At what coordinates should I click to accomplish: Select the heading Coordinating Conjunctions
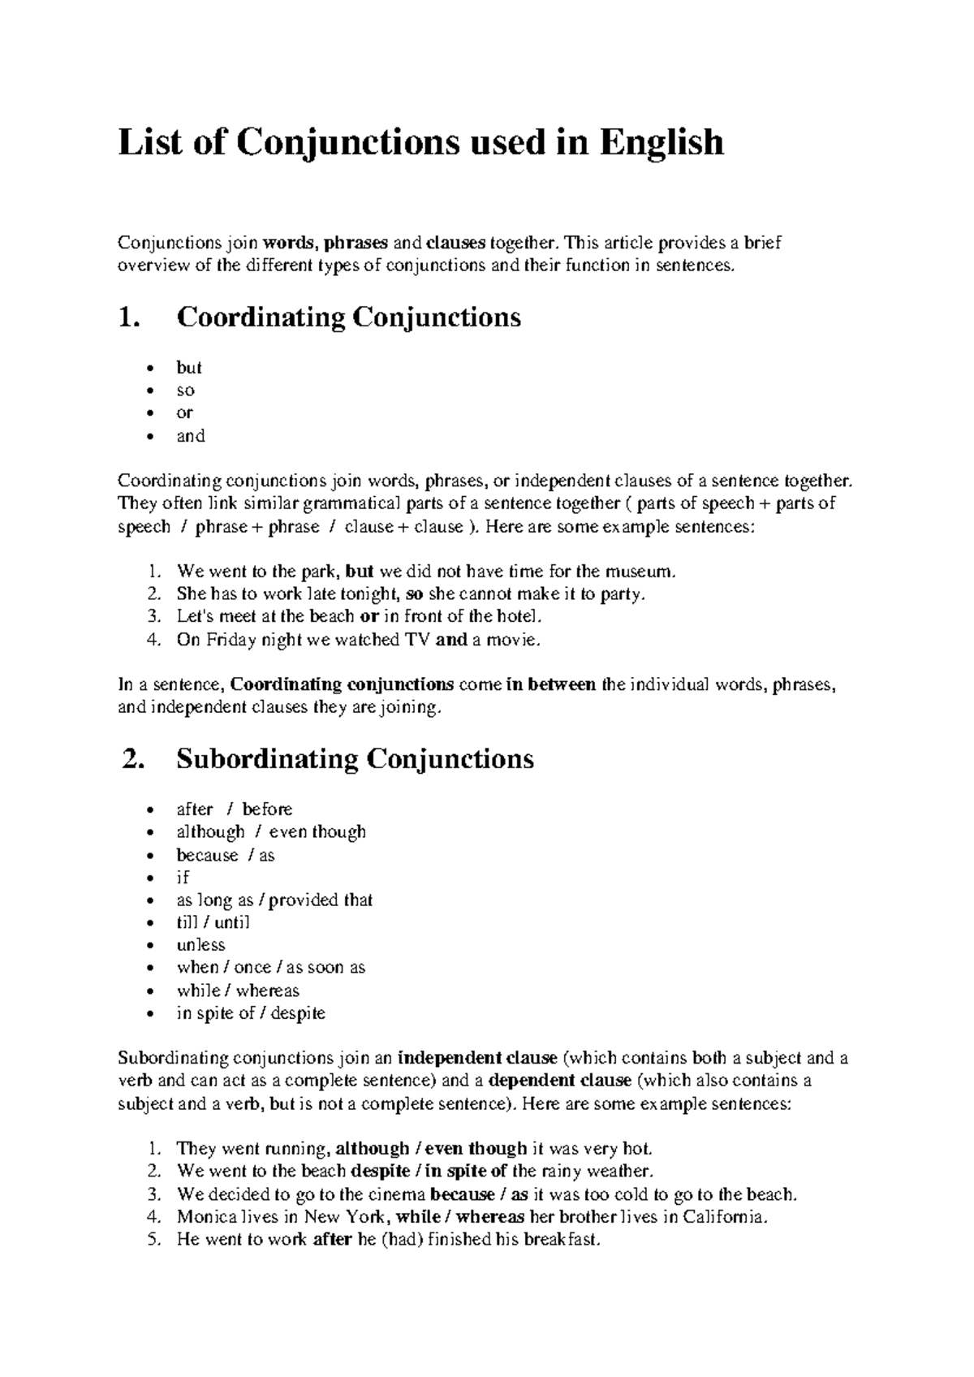coord(348,317)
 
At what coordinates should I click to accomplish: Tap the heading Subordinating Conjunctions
coord(355,759)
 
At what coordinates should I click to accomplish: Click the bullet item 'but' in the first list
coord(189,368)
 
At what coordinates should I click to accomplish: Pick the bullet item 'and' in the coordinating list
coord(191,436)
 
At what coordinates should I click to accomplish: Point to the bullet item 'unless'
coord(200,945)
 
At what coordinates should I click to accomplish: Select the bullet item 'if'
coord(183,878)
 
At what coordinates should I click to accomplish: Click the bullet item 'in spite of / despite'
coord(251,1013)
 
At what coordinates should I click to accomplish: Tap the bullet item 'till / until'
coord(213,922)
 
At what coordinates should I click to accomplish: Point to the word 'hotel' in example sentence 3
coord(516,616)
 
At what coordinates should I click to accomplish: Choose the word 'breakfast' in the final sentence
coord(560,1240)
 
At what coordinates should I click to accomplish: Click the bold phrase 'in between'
coord(550,684)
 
